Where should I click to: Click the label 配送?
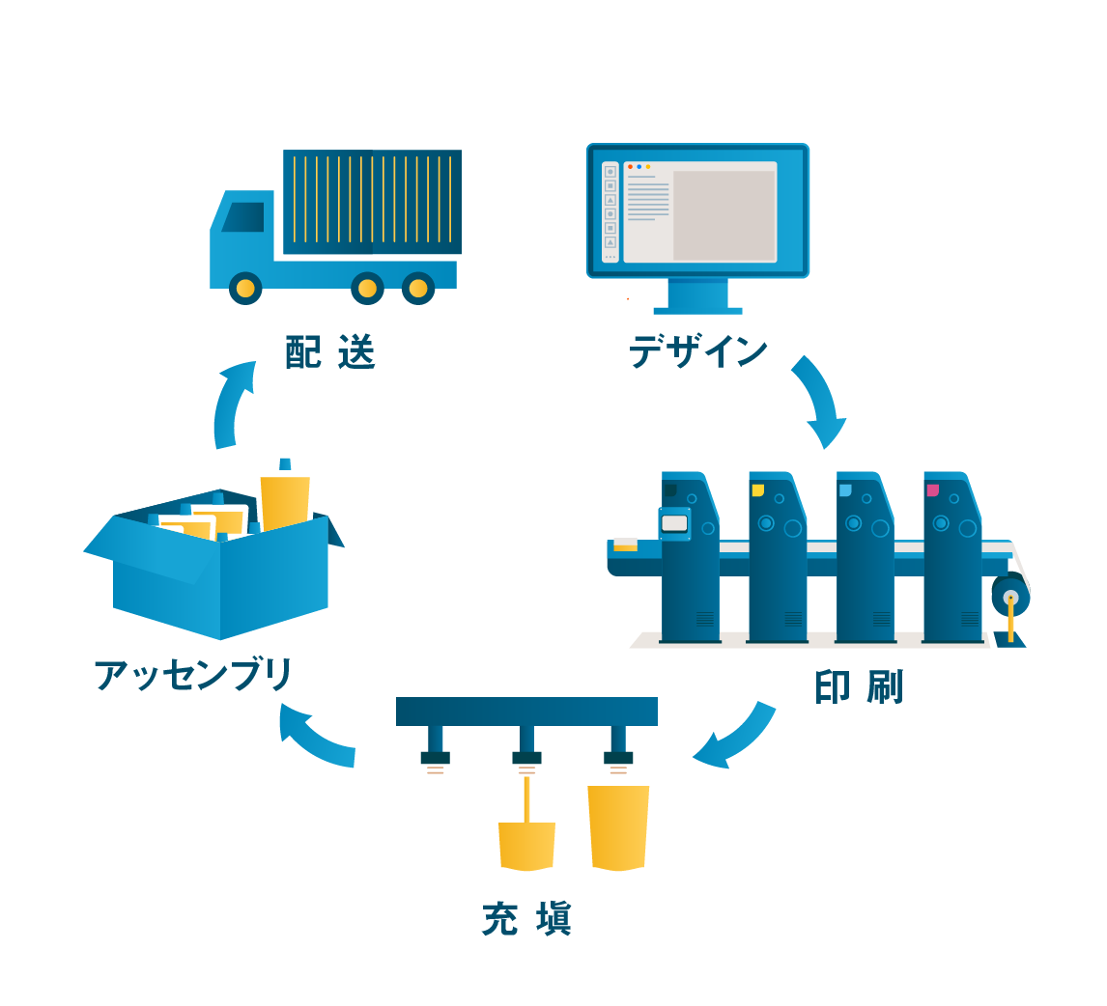point(329,352)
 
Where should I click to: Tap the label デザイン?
point(697,350)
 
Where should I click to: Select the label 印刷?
point(858,686)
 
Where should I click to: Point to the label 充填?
point(526,918)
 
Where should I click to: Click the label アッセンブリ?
point(193,675)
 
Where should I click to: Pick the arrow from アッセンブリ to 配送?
point(232,404)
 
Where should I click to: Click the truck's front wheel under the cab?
point(245,289)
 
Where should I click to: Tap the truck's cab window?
point(244,217)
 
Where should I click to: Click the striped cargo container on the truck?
point(372,201)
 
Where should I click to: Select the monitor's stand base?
point(697,310)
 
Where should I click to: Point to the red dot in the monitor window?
point(630,166)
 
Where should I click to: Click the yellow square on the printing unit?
point(757,490)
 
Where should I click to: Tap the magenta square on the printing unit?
point(932,490)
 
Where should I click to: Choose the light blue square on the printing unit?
point(845,490)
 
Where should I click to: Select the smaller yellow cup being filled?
point(526,846)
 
